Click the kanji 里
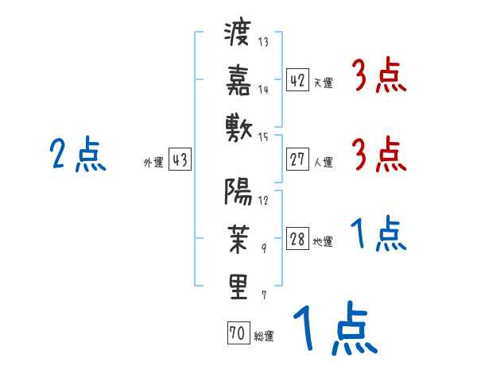(238, 285)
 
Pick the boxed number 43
(180, 160)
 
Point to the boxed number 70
(238, 334)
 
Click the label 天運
(323, 83)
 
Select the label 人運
(323, 163)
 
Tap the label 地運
(323, 242)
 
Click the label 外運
(153, 163)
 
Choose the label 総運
(263, 336)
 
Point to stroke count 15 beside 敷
(263, 137)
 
